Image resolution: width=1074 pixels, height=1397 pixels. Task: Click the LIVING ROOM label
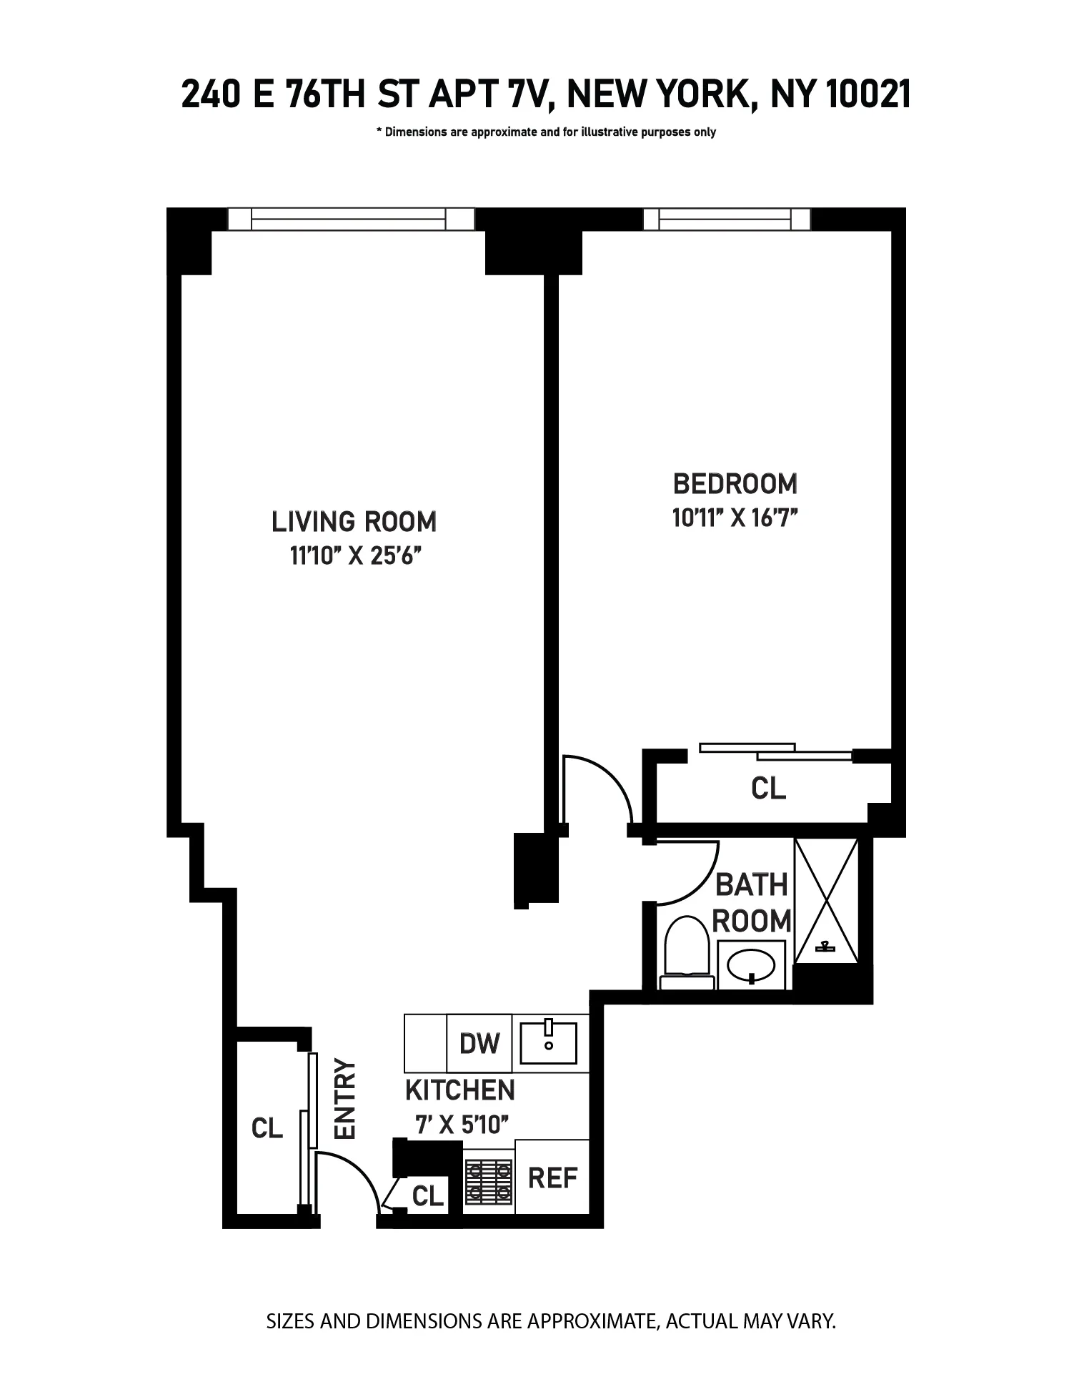[354, 522]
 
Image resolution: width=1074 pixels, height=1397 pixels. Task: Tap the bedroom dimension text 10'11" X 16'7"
[735, 518]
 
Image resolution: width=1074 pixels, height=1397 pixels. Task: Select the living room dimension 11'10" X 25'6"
[353, 556]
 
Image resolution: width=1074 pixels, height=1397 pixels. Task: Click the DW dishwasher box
[479, 1043]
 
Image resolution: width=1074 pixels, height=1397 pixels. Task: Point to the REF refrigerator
[552, 1177]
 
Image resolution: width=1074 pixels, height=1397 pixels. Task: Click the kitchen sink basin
[549, 1043]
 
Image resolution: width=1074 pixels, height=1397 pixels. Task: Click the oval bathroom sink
[751, 965]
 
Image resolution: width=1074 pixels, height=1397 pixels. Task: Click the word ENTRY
[346, 1098]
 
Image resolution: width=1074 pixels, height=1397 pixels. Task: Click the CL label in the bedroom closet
[768, 789]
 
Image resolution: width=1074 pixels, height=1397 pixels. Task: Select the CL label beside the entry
[267, 1128]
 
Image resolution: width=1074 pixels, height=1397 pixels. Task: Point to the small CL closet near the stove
[428, 1195]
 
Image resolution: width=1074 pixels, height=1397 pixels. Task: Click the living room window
[350, 219]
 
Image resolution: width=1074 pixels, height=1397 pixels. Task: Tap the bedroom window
[727, 219]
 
